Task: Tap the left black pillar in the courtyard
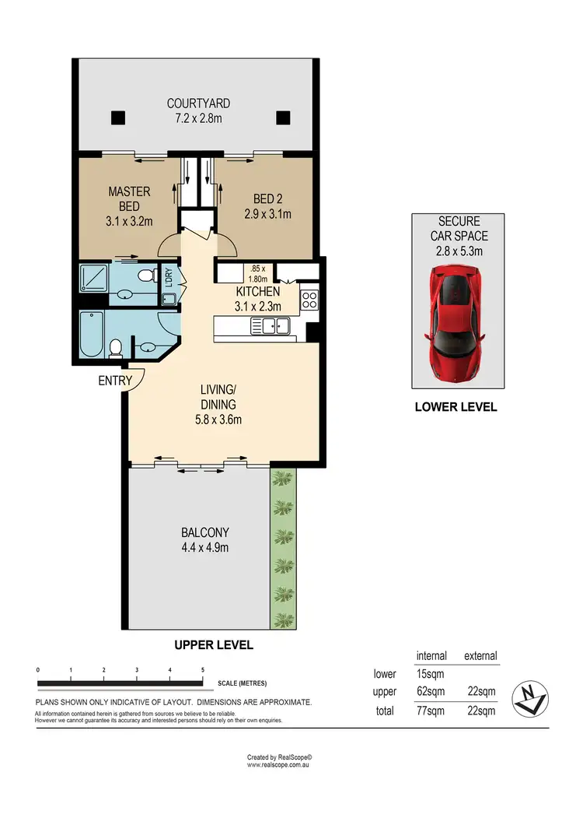[x=117, y=118]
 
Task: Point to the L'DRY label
[x=168, y=277]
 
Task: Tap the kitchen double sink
[x=270, y=326]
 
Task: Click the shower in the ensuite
[x=92, y=277]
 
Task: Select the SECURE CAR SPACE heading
[x=459, y=228]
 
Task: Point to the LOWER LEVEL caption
[x=456, y=406]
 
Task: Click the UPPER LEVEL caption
[x=214, y=645]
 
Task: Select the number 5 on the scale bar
[x=203, y=669]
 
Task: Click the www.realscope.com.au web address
[x=279, y=764]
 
